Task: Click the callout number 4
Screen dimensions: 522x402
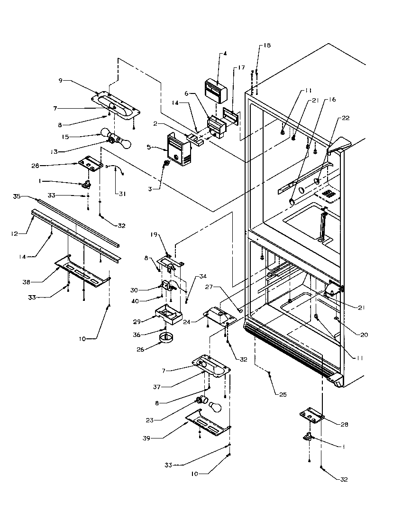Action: [225, 54]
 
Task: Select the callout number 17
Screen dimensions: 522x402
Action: [242, 68]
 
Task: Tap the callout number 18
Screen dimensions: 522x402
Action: [267, 46]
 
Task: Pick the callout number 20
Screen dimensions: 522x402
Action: [364, 335]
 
